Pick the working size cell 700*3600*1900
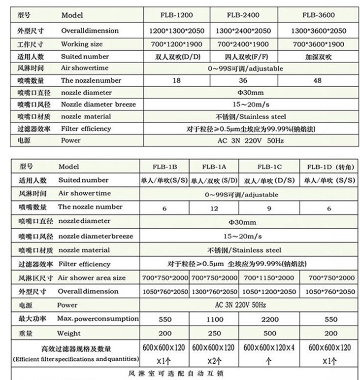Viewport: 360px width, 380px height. click(318, 44)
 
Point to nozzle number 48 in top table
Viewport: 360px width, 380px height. click(318, 80)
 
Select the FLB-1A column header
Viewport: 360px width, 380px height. click(213, 167)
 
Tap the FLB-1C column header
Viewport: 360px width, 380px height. click(269, 167)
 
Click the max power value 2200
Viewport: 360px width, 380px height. click(270, 319)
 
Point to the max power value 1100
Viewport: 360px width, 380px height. click(214, 319)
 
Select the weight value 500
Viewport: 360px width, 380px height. click(270, 334)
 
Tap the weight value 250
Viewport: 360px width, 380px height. click(214, 334)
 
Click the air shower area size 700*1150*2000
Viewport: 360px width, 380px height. click(270, 278)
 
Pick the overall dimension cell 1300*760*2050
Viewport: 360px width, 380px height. click(214, 292)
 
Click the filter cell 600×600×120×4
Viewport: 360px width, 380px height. click(270, 348)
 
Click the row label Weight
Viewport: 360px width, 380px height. click(69, 334)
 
